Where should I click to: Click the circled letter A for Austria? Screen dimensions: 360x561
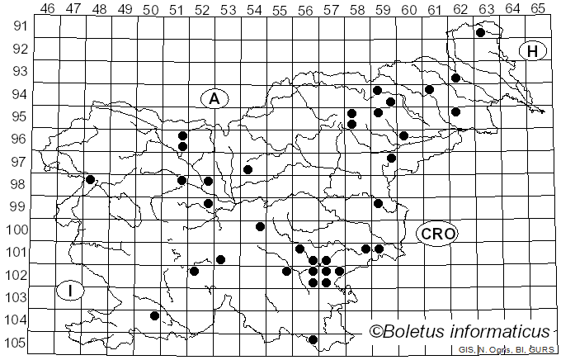[x=214, y=98]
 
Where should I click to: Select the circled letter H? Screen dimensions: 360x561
[x=533, y=51]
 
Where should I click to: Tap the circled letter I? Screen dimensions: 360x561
[x=72, y=290]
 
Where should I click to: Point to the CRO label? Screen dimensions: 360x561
[x=437, y=234]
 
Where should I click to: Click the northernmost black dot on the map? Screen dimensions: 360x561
[x=480, y=33]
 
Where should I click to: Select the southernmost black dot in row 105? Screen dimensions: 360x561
[x=313, y=339]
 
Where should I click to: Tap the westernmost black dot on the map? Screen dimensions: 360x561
[x=91, y=179]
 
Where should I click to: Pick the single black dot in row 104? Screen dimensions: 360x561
[x=154, y=315]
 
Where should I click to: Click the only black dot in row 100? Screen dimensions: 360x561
[x=260, y=226]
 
